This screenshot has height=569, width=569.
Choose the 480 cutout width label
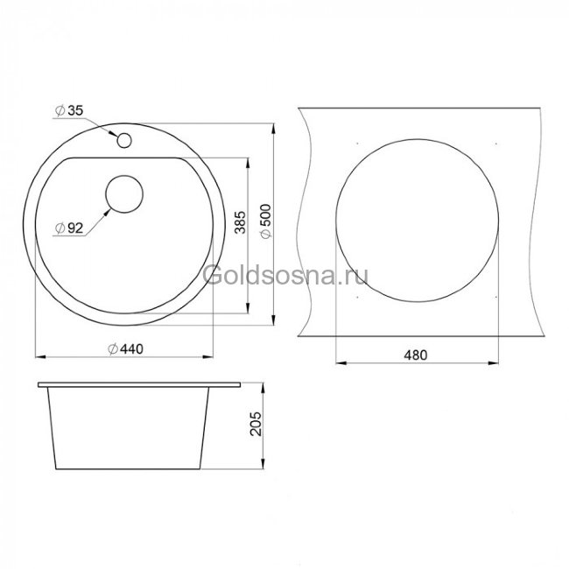tap(416, 355)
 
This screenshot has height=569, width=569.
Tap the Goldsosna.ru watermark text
tap(285, 276)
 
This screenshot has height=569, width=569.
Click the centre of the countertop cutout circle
tap(417, 221)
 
